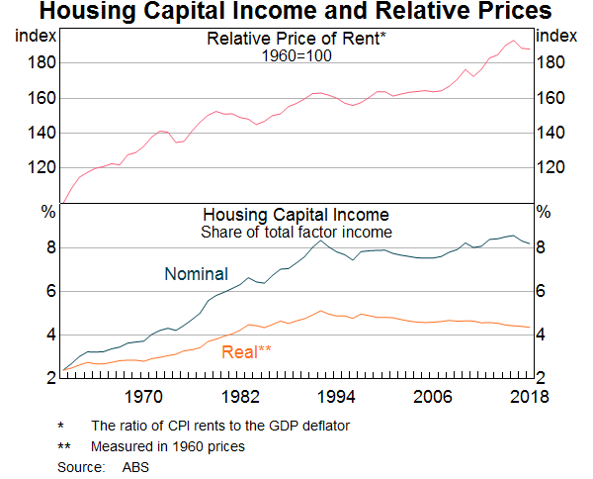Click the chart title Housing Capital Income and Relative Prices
pos(296,13)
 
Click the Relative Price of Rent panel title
pos(296,39)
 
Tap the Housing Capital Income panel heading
pos(296,215)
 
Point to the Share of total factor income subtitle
pos(296,232)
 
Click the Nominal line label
pos(197,274)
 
